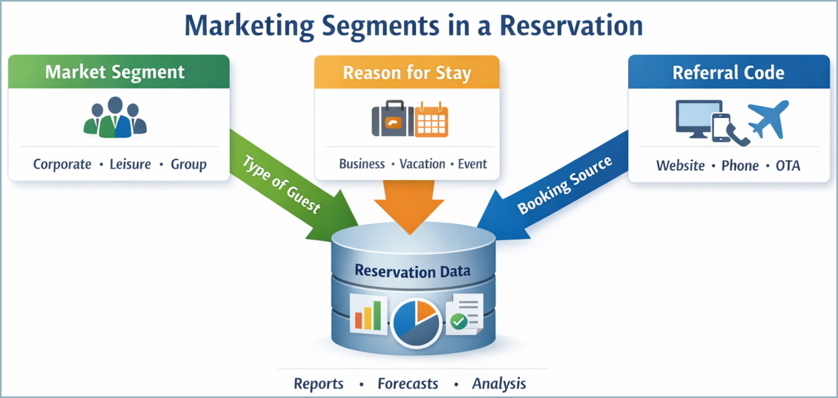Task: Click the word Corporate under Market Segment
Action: pyautogui.click(x=62, y=164)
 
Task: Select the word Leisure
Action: pyautogui.click(x=130, y=164)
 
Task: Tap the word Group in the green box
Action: pyautogui.click(x=188, y=164)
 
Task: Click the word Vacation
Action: pyautogui.click(x=422, y=164)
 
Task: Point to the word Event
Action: pyautogui.click(x=472, y=164)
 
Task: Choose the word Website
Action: pyautogui.click(x=680, y=165)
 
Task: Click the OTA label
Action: pyautogui.click(x=788, y=165)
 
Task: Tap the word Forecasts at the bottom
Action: pyautogui.click(x=408, y=384)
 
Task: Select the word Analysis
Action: pyautogui.click(x=499, y=384)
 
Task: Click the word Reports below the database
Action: pyautogui.click(x=319, y=384)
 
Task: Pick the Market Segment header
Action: pyautogui.click(x=115, y=72)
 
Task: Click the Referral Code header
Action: pyautogui.click(x=728, y=72)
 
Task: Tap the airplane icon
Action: pyautogui.click(x=769, y=119)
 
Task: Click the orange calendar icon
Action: pyautogui.click(x=431, y=120)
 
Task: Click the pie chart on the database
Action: pyautogui.click(x=416, y=323)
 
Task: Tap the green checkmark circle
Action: pyautogui.click(x=459, y=321)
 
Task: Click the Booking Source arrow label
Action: pyautogui.click(x=564, y=185)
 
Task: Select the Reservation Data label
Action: pyautogui.click(x=413, y=271)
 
